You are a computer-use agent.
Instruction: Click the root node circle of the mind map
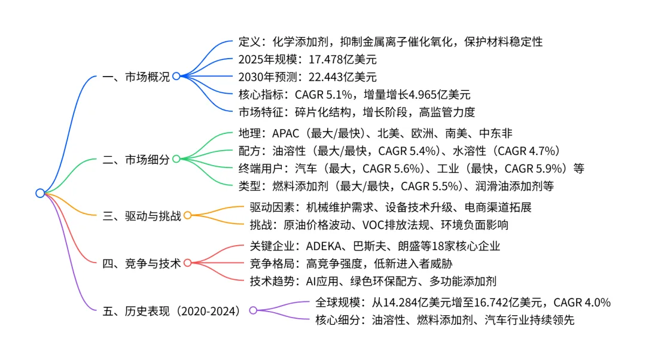pos(40,193)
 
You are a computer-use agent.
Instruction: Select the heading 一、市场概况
pos(137,77)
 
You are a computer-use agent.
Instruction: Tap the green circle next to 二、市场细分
pos(176,159)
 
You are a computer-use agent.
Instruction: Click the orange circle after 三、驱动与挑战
pos(187,216)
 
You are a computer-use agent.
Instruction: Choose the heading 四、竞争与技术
pos(142,263)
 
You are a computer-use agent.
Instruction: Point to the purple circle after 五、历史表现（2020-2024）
pos(253,310)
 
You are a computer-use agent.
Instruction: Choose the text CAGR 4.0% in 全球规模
pos(582,303)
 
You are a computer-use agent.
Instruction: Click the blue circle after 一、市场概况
pos(176,77)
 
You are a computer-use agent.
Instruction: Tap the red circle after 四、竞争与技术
pos(187,263)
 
